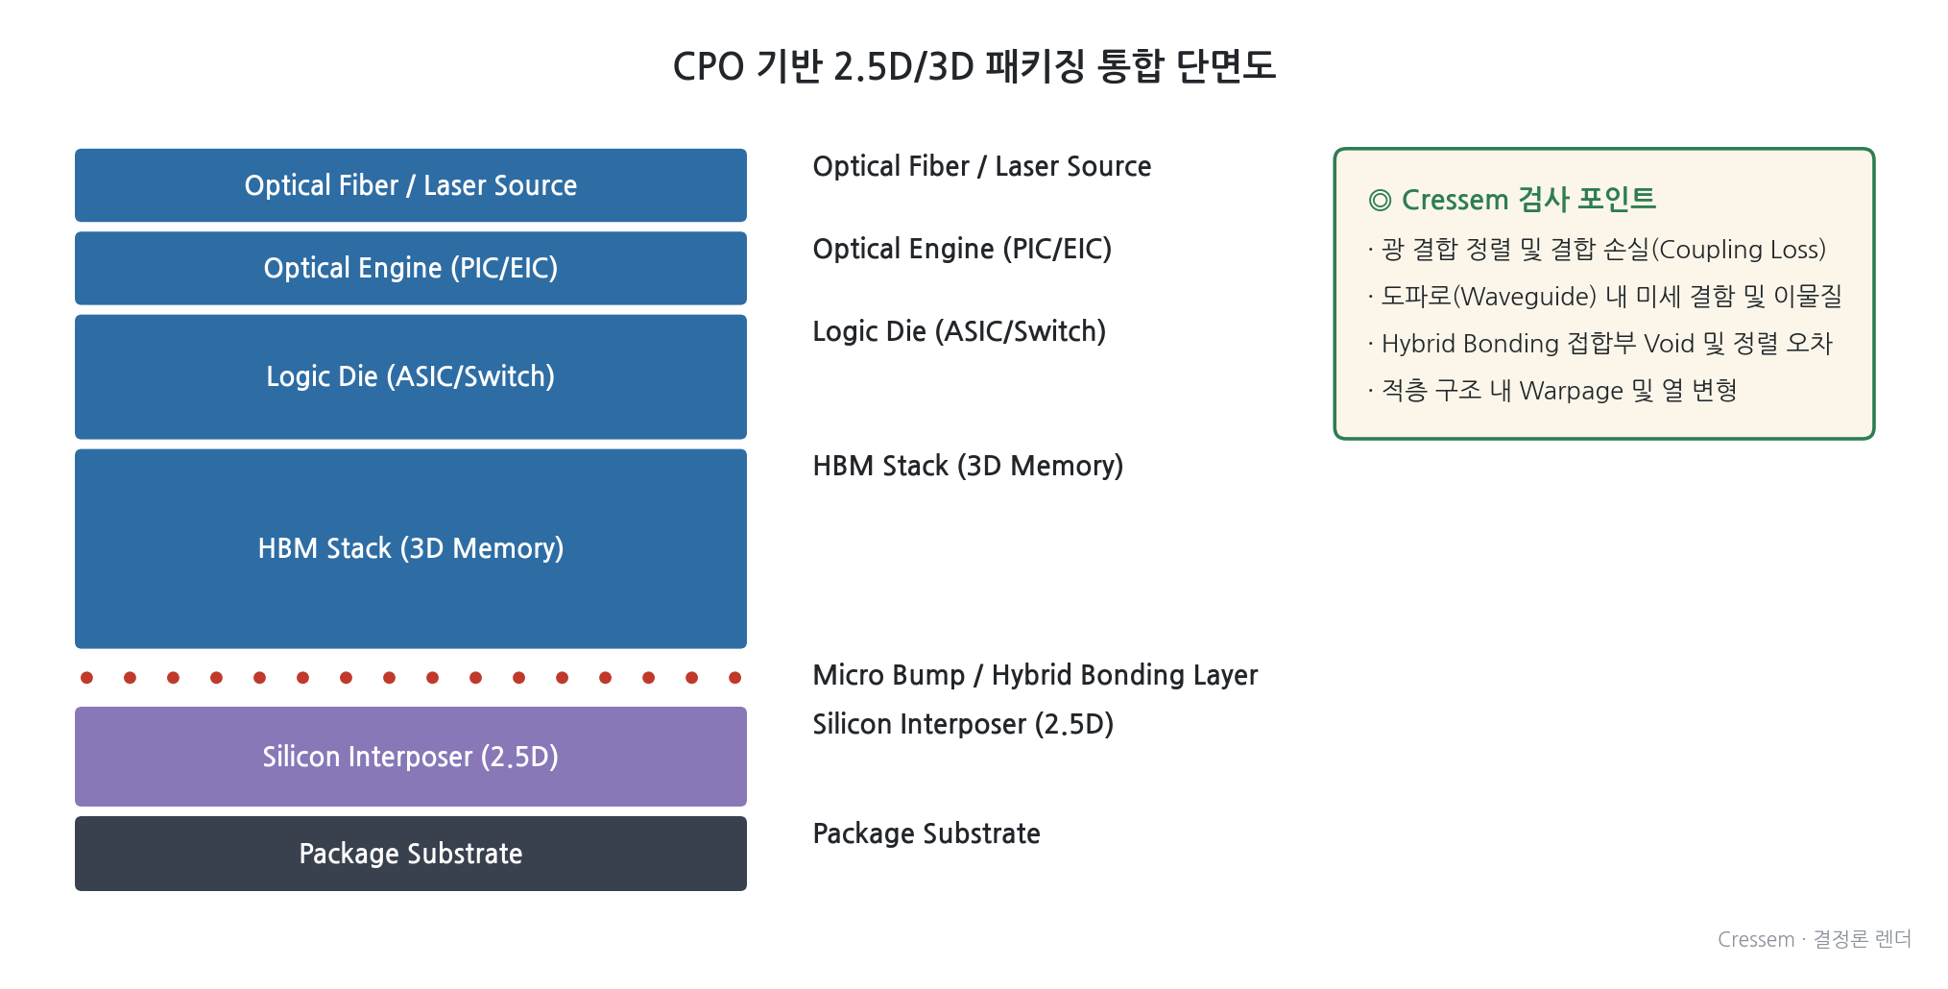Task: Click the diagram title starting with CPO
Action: (x=974, y=66)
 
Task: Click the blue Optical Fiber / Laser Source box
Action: (x=411, y=185)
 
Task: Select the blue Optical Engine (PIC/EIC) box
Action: (x=411, y=268)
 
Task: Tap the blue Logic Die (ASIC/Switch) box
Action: (x=411, y=376)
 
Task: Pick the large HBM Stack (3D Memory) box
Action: (x=411, y=548)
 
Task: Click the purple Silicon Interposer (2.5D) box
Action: (x=411, y=757)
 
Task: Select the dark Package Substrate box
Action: (x=411, y=854)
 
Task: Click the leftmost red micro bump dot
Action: (x=87, y=678)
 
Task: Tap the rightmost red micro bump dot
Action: (x=735, y=678)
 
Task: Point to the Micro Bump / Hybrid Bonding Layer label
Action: (x=1035, y=675)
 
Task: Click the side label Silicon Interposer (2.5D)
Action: (x=963, y=724)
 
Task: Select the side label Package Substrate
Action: (x=926, y=833)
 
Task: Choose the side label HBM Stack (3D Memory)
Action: (x=968, y=466)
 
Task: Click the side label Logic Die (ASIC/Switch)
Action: (x=959, y=331)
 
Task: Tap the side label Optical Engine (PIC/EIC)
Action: (x=962, y=249)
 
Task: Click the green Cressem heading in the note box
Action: (x=1512, y=200)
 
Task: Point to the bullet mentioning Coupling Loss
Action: (x=1597, y=250)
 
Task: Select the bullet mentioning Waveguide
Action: (x=1604, y=296)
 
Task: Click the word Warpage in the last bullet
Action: (x=1571, y=391)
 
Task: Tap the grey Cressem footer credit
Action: (x=1815, y=939)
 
